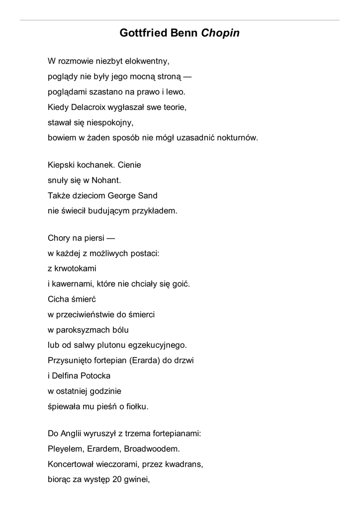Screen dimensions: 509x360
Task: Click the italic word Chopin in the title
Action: click(x=220, y=33)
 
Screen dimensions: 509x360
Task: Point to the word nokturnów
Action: click(x=237, y=138)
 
